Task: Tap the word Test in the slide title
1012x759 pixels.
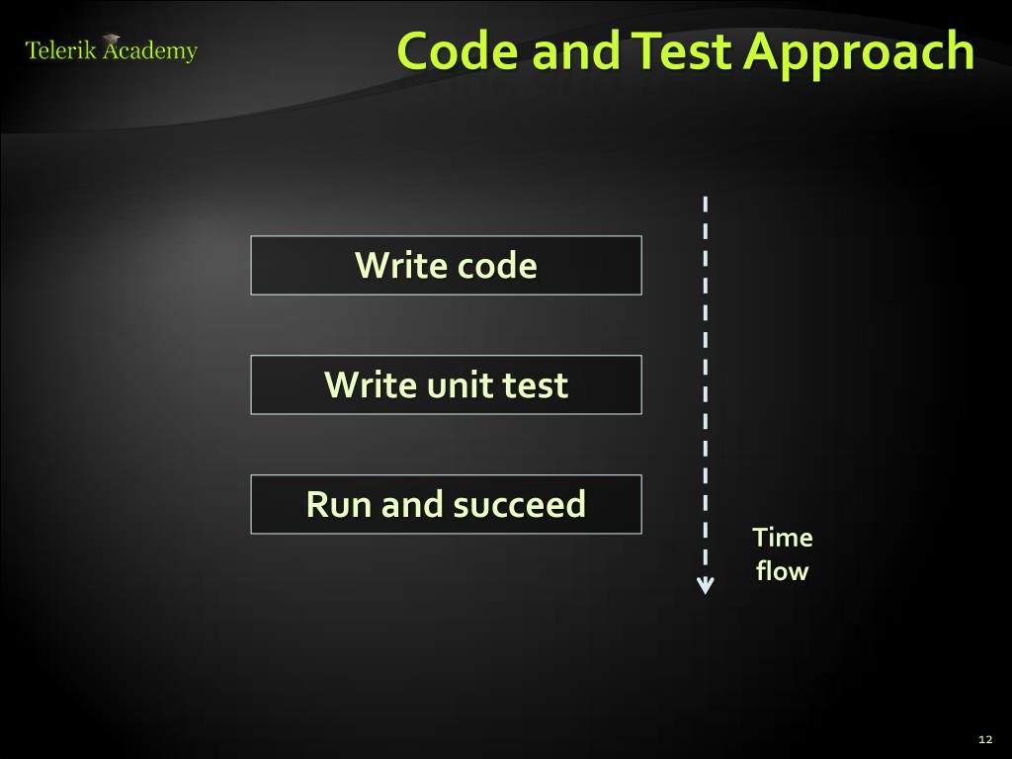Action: [682, 51]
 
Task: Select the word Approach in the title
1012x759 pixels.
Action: [859, 53]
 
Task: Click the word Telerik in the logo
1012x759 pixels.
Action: [60, 51]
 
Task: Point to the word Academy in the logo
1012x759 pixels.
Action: [150, 52]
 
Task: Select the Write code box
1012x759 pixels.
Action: [446, 265]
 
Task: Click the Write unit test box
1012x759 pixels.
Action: [446, 384]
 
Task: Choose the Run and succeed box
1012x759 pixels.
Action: [446, 504]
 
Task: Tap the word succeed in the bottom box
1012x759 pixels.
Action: [519, 504]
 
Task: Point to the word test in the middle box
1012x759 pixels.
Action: [536, 384]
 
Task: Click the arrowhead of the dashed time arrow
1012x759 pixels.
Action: [705, 586]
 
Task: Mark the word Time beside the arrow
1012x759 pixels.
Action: [782, 538]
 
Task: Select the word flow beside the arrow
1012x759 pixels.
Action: [782, 571]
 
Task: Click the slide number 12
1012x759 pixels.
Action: [984, 739]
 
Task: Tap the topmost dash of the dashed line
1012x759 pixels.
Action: [705, 205]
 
